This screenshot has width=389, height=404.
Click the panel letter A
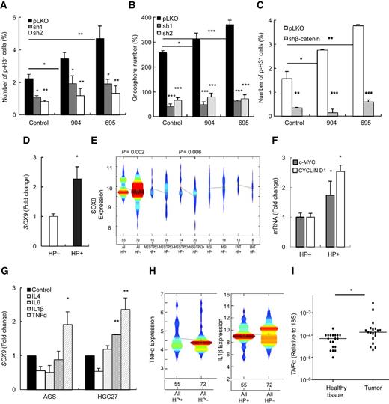tap(6, 7)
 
